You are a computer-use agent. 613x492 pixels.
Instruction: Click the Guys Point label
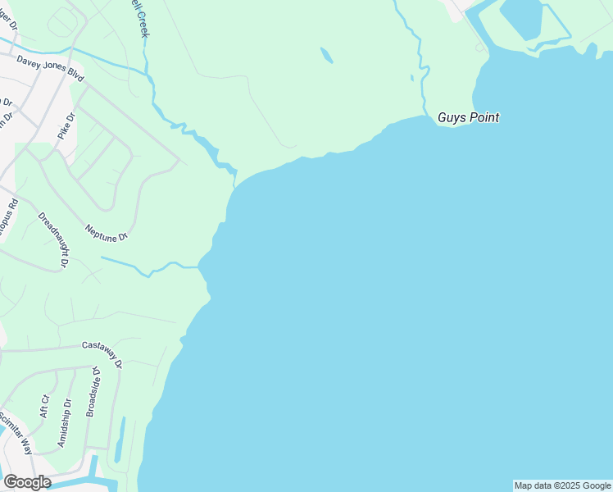pos(468,118)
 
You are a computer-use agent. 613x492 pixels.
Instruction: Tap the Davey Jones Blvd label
pos(50,67)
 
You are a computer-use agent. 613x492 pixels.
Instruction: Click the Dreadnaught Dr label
pos(52,239)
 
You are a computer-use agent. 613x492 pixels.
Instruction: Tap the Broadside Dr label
pos(93,392)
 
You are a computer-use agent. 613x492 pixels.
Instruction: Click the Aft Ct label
pos(45,405)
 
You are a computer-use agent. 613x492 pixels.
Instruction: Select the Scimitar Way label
pos(16,434)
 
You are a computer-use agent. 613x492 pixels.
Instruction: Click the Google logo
pos(27,481)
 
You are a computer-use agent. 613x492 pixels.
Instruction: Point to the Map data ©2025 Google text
pos(563,485)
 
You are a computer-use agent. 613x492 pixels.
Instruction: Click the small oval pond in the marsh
pos(326,55)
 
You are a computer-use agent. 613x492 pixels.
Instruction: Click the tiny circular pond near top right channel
pos(480,47)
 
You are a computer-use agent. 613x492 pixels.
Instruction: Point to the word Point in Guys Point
pos(483,118)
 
